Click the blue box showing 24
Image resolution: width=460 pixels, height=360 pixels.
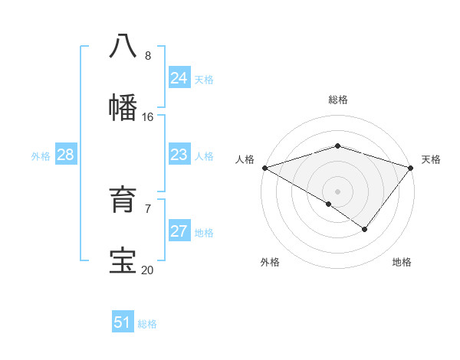coord(179,78)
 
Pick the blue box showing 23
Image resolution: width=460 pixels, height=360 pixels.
coord(179,155)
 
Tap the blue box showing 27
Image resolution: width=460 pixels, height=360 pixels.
coord(179,231)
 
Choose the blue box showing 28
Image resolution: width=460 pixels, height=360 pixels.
coord(65,155)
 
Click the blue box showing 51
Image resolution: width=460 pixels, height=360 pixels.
coord(123,322)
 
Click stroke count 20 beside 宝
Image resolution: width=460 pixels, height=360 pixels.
coord(147,270)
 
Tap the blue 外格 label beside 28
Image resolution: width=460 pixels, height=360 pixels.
coord(41,156)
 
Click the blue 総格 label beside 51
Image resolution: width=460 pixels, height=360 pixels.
coord(147,324)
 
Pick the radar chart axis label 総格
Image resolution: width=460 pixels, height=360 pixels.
coord(337,100)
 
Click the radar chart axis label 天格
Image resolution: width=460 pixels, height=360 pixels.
coord(432,159)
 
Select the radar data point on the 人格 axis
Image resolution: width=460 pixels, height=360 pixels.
coord(264,167)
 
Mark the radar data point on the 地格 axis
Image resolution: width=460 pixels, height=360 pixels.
coord(365,229)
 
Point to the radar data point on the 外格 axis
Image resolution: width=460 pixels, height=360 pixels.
coord(329,204)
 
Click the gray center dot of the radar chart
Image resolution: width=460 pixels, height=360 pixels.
coord(337,191)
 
